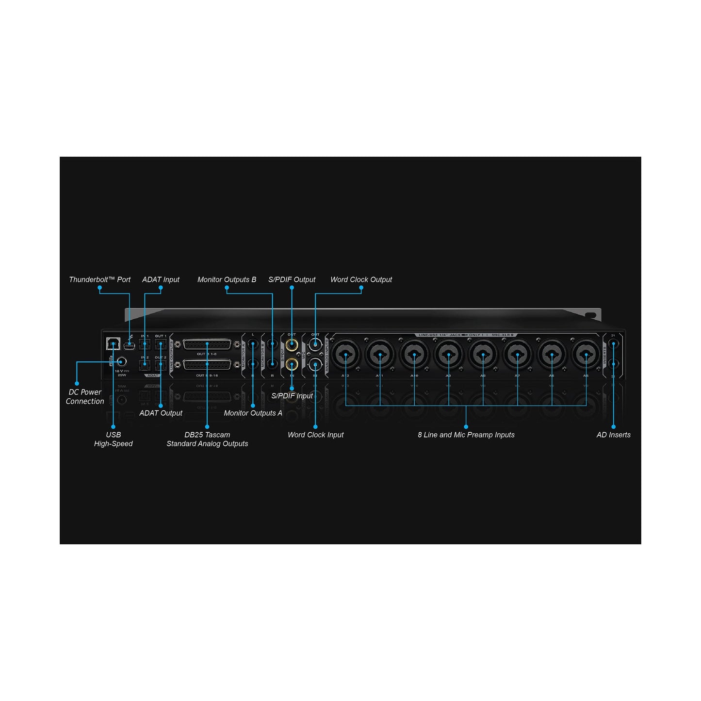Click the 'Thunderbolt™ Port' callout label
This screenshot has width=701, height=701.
tap(99, 279)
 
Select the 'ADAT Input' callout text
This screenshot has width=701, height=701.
tap(161, 279)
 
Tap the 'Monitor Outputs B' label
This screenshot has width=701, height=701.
tap(227, 279)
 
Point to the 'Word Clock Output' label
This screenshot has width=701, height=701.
tap(361, 279)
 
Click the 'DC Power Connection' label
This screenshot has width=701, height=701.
tap(85, 396)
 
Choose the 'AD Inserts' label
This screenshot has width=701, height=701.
tap(613, 435)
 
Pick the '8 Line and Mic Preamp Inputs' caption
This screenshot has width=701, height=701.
tap(466, 435)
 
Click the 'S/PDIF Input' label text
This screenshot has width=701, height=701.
tap(292, 396)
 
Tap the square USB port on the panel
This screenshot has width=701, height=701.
tap(113, 343)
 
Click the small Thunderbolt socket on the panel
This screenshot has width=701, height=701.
tap(129, 345)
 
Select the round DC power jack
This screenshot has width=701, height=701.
tap(121, 361)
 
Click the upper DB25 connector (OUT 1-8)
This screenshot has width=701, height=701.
tap(207, 344)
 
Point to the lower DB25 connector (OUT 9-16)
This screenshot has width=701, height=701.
tap(207, 365)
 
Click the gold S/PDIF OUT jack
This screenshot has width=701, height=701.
tap(292, 345)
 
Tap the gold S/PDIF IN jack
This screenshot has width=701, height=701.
tap(292, 364)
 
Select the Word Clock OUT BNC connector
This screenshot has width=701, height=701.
tap(315, 344)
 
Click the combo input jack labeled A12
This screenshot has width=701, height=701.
tap(345, 354)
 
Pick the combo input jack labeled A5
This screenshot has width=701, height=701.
tap(586, 354)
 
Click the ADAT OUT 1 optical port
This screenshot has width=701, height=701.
tap(161, 344)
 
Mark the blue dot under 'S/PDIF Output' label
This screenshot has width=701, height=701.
tap(292, 288)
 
